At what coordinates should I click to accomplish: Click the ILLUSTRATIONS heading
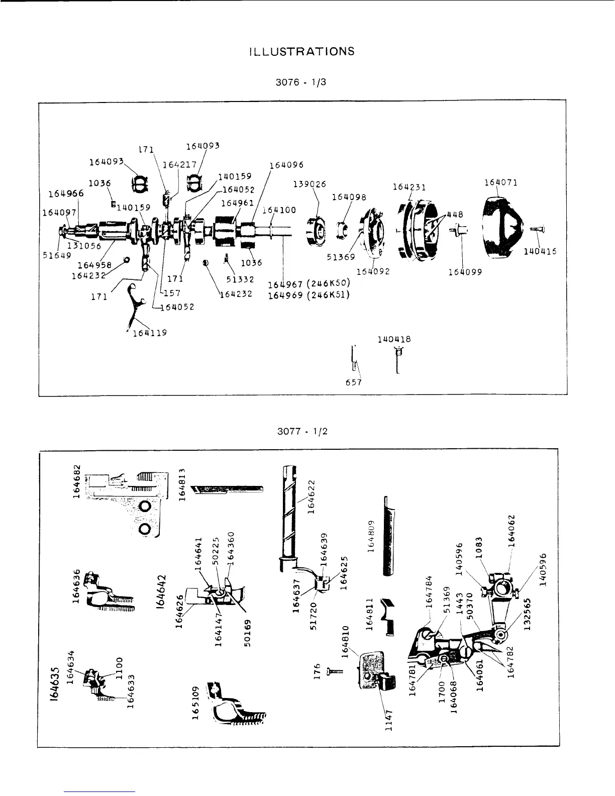(301, 51)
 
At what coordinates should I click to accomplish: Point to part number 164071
(501, 182)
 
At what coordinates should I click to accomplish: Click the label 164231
(409, 187)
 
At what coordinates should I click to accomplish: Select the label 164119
(150, 332)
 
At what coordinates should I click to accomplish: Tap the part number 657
(354, 382)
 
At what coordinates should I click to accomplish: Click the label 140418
(394, 339)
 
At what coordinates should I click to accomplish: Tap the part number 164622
(311, 497)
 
